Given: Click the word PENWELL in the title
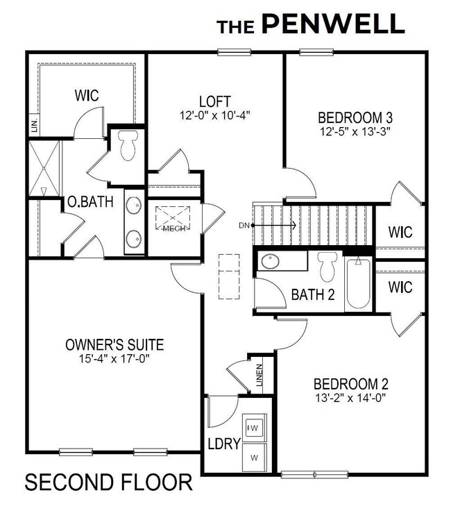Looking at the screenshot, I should tap(332, 24).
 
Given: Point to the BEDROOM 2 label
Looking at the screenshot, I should tap(350, 384).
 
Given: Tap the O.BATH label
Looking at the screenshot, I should tap(85, 203).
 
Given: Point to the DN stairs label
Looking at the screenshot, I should tap(244, 225).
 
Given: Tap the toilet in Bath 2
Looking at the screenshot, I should tap(326, 266).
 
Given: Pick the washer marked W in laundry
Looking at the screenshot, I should tap(253, 458).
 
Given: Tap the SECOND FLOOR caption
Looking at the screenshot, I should tap(109, 482).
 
